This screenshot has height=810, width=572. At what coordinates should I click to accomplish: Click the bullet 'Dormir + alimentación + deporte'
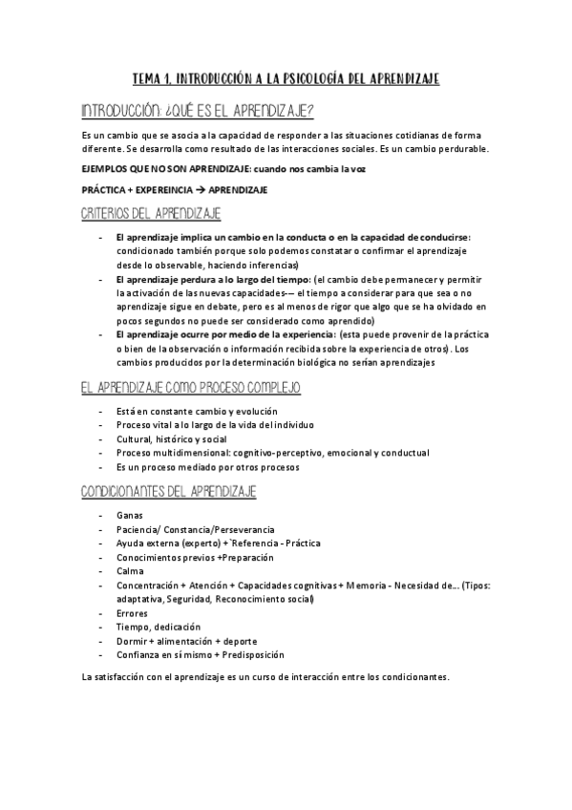[186, 641]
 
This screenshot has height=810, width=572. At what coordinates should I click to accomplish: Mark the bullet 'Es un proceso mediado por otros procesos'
[207, 467]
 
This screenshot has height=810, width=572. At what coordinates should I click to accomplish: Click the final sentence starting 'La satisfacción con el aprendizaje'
[265, 677]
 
